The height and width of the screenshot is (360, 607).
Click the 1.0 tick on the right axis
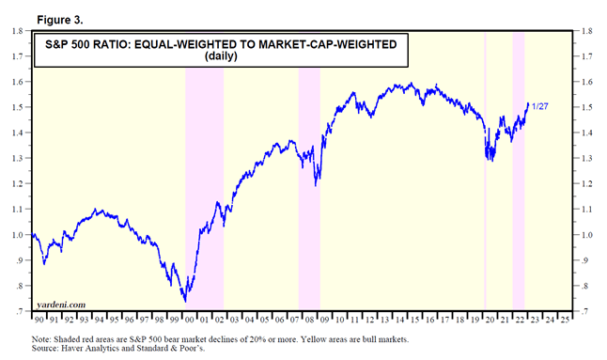click(x=586, y=235)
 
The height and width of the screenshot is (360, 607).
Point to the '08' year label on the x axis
click(x=308, y=320)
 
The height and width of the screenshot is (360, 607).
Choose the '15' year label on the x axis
click(x=412, y=320)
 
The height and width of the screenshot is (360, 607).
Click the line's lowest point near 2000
click(x=185, y=301)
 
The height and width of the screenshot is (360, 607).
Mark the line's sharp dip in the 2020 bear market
click(x=488, y=159)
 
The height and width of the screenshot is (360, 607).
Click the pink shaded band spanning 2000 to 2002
click(x=204, y=188)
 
